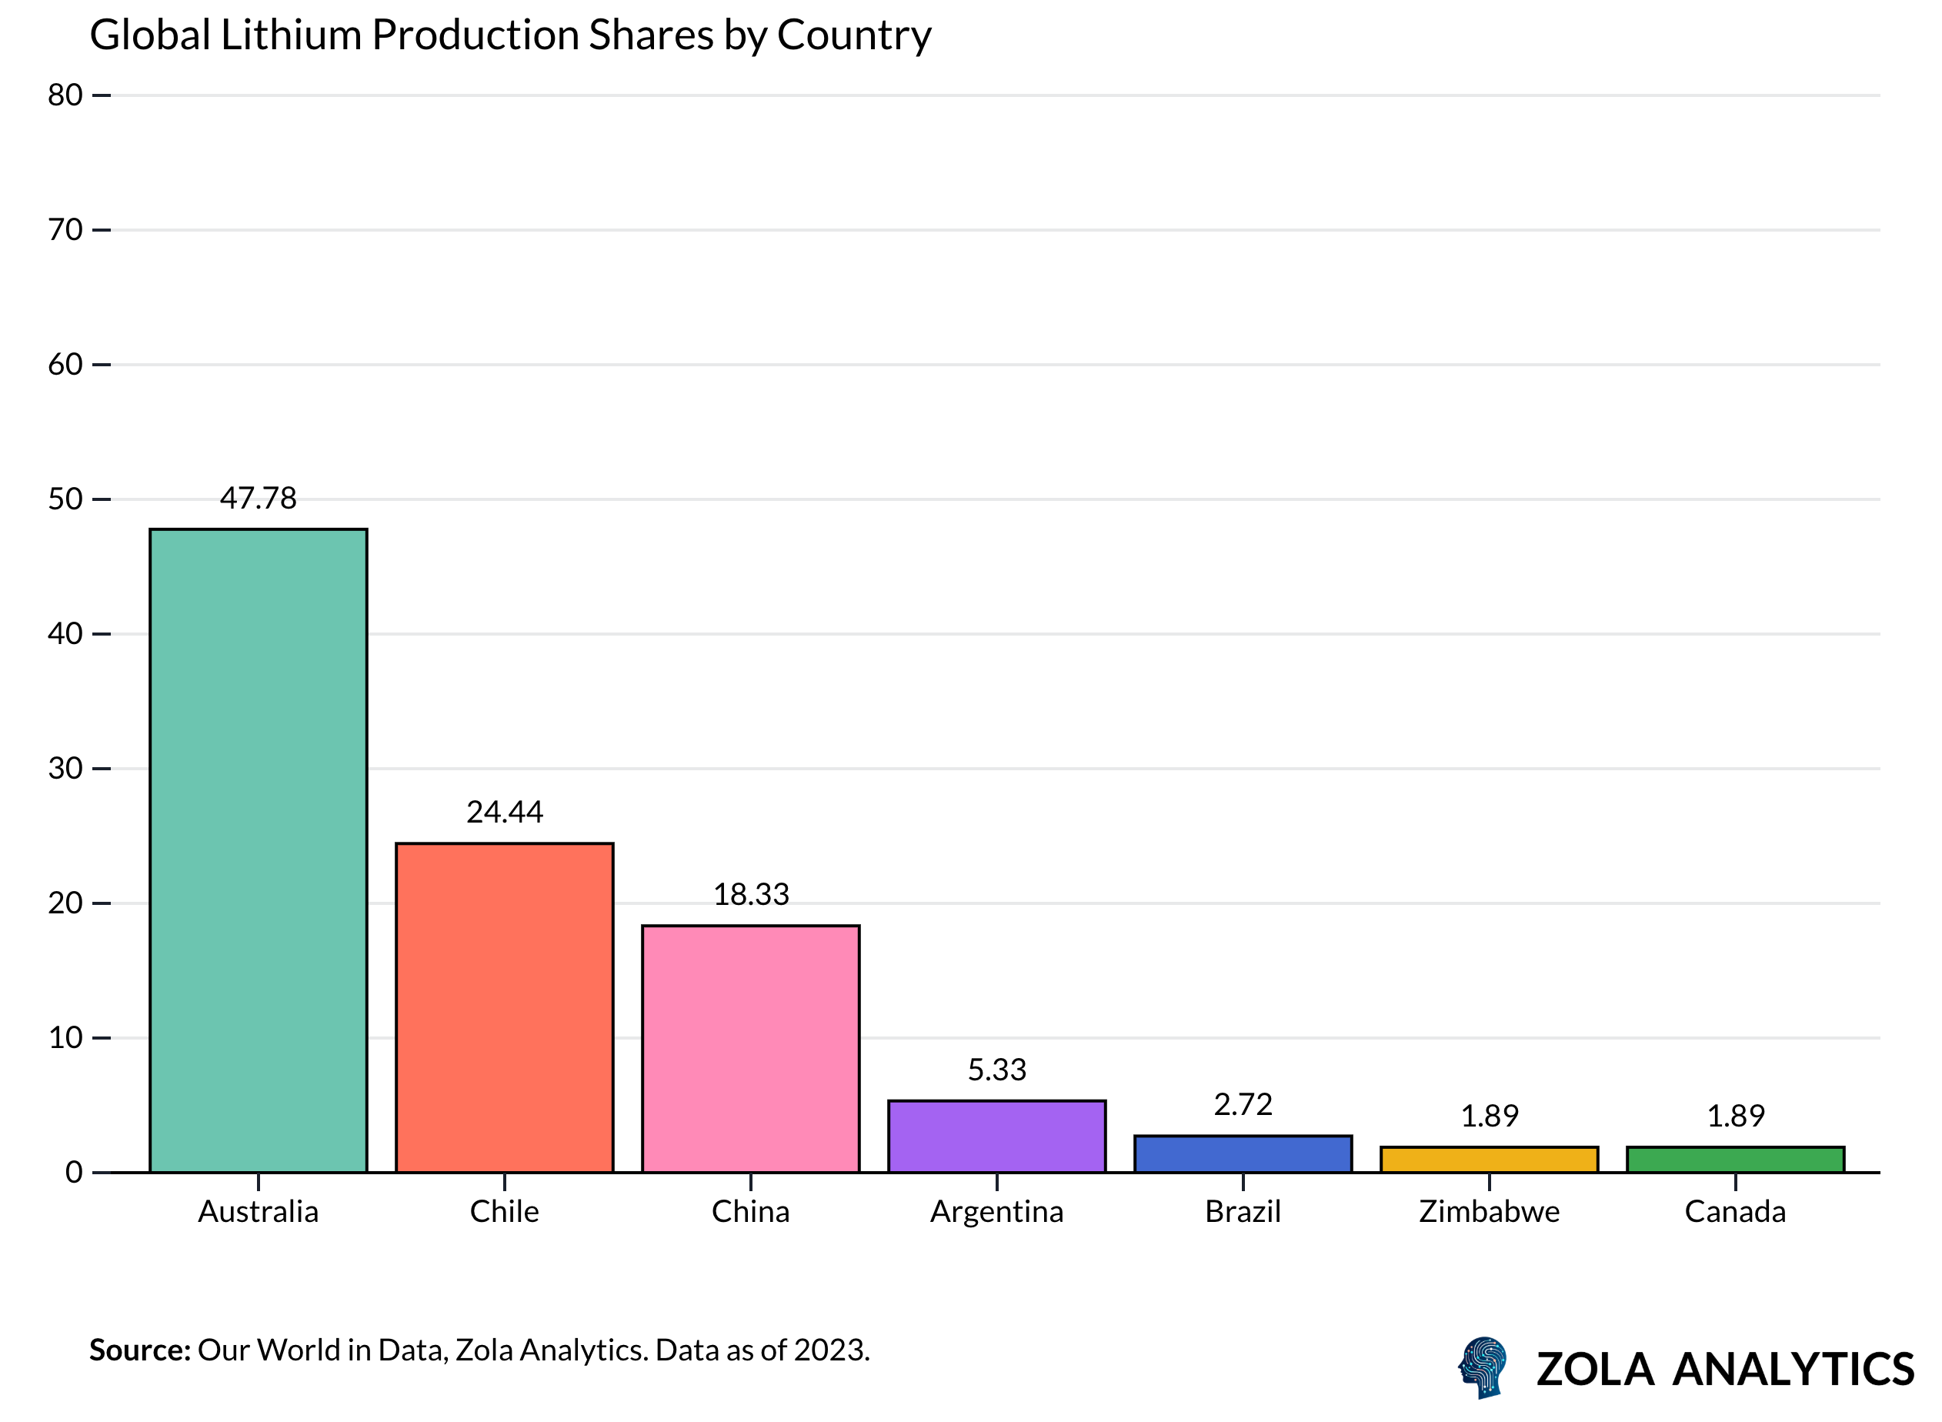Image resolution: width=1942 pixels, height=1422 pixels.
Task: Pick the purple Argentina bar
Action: click(x=997, y=1137)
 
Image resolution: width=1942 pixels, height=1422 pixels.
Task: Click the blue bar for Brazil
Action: click(x=1243, y=1154)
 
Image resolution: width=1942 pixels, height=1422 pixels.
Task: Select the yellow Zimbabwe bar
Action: click(x=1490, y=1160)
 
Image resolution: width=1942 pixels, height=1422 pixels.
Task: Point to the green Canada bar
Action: click(x=1735, y=1160)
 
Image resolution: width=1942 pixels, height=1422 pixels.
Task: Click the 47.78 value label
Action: click(x=259, y=499)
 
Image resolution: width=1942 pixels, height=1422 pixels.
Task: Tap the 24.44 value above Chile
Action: click(x=505, y=813)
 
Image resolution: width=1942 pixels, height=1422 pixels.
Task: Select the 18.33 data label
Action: click(x=751, y=895)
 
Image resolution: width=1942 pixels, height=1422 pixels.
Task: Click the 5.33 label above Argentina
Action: click(x=997, y=1070)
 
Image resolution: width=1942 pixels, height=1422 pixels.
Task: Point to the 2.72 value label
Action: click(x=1243, y=1104)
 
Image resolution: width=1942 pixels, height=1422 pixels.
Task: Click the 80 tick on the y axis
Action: click(x=65, y=95)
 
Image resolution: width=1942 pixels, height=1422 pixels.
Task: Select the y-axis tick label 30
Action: click(x=65, y=769)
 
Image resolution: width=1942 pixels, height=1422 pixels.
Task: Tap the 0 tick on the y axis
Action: click(x=74, y=1173)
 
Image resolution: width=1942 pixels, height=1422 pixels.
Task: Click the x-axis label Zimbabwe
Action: click(x=1490, y=1212)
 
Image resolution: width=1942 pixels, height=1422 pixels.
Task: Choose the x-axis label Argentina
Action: click(x=997, y=1212)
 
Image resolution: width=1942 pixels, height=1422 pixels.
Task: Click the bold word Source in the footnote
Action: click(x=139, y=1350)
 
